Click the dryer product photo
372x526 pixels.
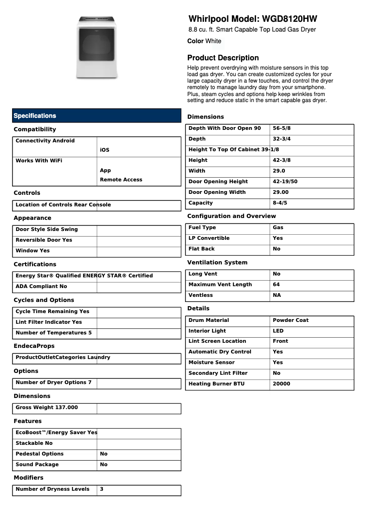coord(97,47)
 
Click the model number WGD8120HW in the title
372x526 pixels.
coord(289,19)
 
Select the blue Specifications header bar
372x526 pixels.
coord(96,115)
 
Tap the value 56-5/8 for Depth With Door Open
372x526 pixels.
coord(282,128)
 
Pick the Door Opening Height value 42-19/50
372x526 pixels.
coord(285,181)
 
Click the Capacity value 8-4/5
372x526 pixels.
coord(280,203)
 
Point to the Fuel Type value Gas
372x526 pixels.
coord(278,227)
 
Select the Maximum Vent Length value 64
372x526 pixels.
coord(276,284)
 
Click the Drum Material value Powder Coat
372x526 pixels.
coord(290,320)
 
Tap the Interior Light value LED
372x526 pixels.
coord(278,331)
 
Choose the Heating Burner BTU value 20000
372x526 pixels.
coord(281,384)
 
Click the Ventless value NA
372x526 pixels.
coord(276,295)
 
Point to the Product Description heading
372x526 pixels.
coord(223,58)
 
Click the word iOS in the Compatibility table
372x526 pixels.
coord(104,150)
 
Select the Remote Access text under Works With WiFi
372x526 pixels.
coord(121,180)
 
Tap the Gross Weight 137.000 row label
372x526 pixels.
coord(46,407)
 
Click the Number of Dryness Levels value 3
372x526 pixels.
coord(102,489)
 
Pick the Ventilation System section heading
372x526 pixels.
coord(217,263)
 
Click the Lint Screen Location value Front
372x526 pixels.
coord(280,341)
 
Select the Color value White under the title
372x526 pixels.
coord(213,41)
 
